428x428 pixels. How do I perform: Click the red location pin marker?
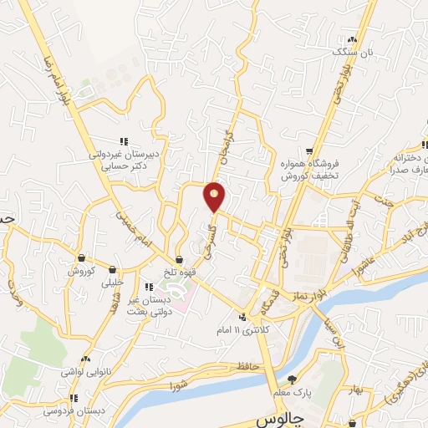coord(215,196)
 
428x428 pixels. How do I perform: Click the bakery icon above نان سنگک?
coord(354,38)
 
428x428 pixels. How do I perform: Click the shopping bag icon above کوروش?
coord(82,257)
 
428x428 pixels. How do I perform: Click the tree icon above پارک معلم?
coord(292,380)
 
